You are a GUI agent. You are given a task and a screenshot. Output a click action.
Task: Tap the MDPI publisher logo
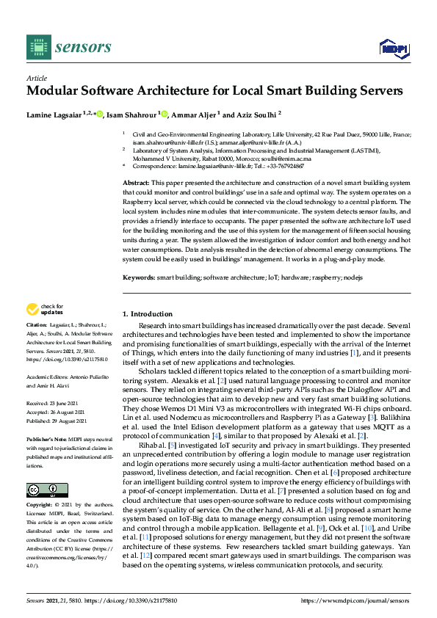click(394, 48)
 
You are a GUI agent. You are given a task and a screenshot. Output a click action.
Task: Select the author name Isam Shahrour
click(131, 114)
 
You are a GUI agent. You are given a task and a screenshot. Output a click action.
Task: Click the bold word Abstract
click(135, 182)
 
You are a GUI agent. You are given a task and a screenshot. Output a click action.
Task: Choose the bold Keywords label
click(139, 277)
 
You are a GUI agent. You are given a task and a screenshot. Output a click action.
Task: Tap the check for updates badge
click(44, 309)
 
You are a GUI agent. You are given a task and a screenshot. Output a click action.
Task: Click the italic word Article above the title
click(37, 77)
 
